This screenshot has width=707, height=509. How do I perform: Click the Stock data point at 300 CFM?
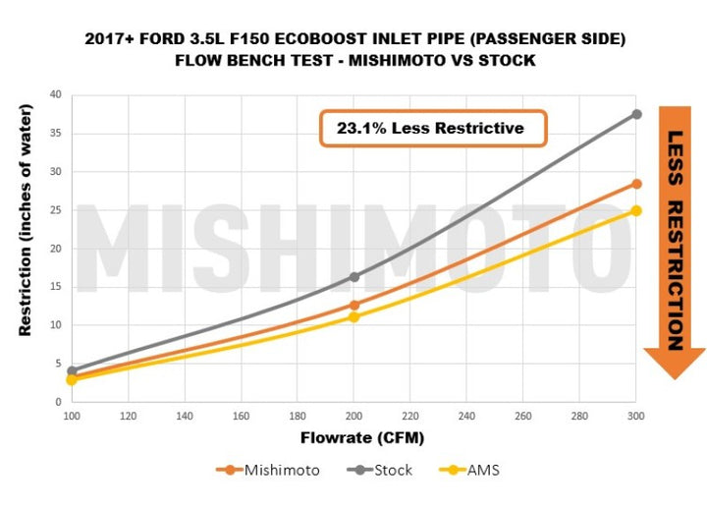tap(636, 114)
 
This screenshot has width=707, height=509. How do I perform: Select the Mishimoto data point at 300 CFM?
tap(636, 184)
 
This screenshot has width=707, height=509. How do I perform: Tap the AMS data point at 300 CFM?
tap(636, 210)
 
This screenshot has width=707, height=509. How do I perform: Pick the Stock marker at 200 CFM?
tap(353, 277)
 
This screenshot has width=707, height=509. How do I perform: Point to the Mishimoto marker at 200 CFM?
tap(353, 305)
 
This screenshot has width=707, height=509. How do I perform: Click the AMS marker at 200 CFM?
tap(353, 316)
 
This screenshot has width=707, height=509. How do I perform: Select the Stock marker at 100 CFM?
tap(72, 371)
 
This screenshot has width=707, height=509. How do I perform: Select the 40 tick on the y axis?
tap(55, 95)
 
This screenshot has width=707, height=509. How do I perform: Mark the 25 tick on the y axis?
tap(55, 210)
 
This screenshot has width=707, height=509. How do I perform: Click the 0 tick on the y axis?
tap(58, 402)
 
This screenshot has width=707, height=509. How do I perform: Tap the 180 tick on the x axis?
tap(298, 417)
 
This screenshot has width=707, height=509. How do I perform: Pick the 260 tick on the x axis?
tap(523, 417)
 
